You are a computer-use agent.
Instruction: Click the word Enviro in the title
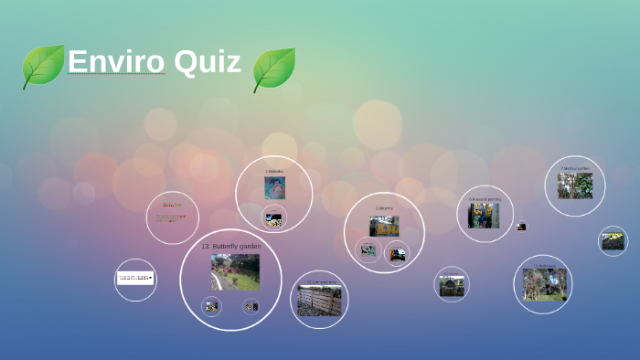(115, 62)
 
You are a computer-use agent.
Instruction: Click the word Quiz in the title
(208, 62)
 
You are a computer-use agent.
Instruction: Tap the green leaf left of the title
(43, 67)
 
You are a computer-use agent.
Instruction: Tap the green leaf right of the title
(273, 69)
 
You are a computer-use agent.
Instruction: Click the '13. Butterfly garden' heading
(230, 247)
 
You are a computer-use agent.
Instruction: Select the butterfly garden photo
(235, 271)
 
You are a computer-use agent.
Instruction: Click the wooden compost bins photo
(319, 300)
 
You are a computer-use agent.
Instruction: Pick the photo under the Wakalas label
(274, 187)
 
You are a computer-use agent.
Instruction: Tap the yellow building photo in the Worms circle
(384, 225)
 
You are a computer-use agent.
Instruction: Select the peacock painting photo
(484, 216)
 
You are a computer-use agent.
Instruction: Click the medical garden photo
(575, 185)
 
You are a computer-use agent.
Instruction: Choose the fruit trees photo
(544, 284)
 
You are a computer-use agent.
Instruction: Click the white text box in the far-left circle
(135, 278)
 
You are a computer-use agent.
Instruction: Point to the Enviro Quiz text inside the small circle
(172, 217)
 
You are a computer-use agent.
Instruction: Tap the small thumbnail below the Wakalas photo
(273, 218)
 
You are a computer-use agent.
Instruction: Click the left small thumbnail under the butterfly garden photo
(212, 307)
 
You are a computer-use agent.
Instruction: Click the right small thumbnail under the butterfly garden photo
(251, 307)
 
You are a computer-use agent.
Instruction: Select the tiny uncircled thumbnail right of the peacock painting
(521, 226)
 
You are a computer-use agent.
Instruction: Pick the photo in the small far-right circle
(613, 240)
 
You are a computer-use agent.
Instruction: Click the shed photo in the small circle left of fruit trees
(452, 285)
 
